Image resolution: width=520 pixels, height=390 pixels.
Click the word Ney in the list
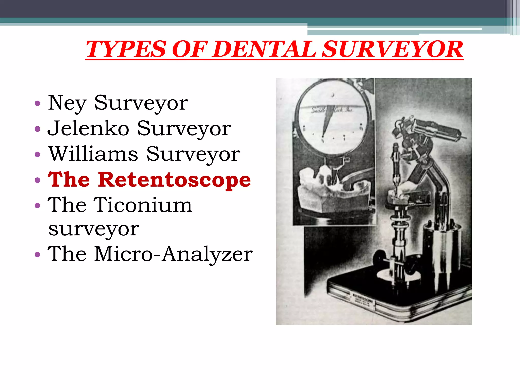click(x=67, y=103)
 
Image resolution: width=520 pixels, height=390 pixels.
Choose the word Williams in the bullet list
click(x=93, y=154)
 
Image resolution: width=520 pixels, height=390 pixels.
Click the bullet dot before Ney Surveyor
click(x=37, y=103)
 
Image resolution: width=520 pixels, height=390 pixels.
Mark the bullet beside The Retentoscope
click(x=37, y=180)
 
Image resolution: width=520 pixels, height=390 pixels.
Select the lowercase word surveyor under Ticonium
click(x=94, y=229)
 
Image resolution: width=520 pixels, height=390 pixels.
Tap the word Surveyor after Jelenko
click(x=184, y=128)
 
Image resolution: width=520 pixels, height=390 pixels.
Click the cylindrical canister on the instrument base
click(x=442, y=244)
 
